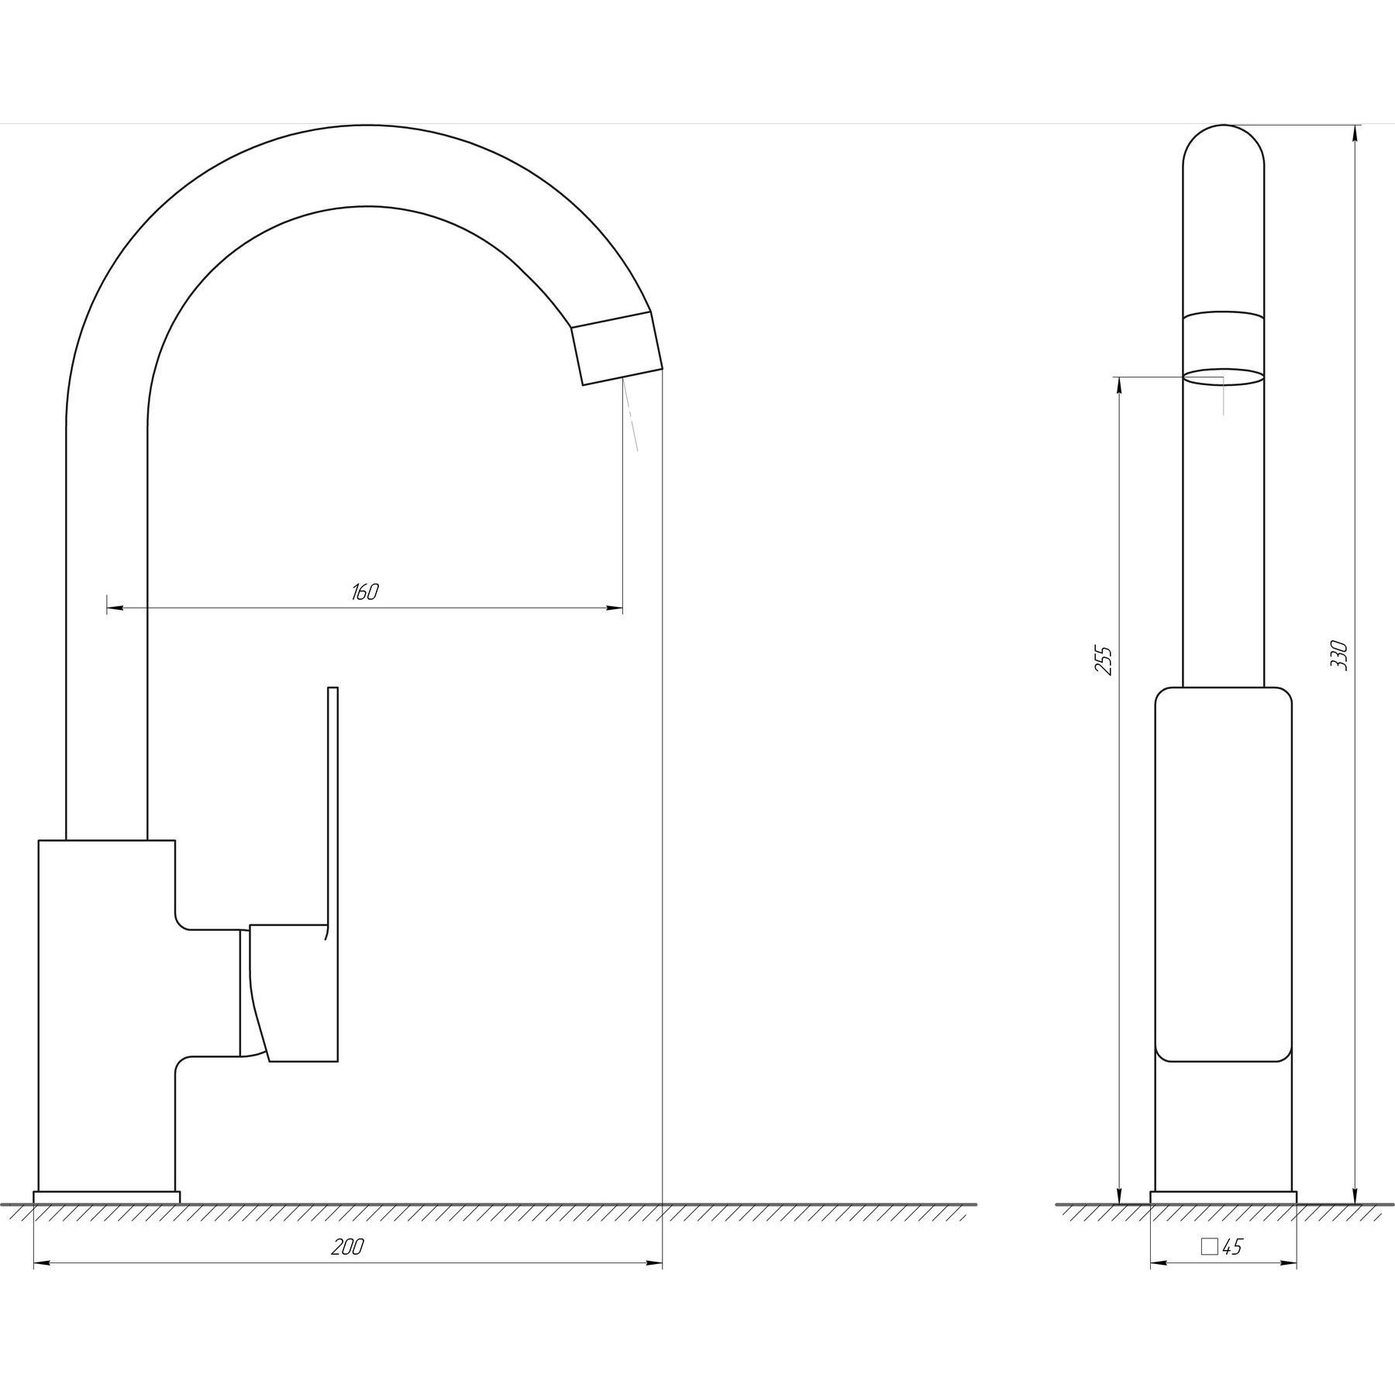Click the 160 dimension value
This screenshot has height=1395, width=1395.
(364, 592)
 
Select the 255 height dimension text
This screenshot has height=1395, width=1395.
(1105, 660)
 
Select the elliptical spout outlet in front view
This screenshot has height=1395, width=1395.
(1223, 377)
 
